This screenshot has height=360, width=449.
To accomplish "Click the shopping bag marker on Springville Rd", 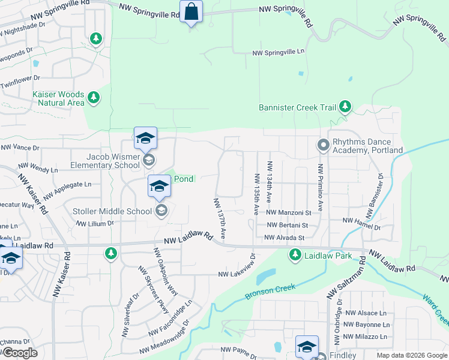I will click(x=191, y=12).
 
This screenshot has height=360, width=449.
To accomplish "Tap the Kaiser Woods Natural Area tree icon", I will click(x=93, y=97).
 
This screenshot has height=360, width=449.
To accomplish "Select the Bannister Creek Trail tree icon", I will click(x=345, y=107).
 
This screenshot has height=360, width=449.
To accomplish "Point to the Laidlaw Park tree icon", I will click(x=295, y=256).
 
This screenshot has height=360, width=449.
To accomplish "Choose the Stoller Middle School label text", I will click(x=112, y=211).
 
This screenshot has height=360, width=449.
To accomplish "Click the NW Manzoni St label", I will click(x=289, y=212).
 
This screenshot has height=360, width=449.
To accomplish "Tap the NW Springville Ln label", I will click(x=279, y=52).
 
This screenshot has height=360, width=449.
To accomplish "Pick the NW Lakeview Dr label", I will click(x=237, y=274).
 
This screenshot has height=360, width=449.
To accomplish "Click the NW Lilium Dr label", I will click(x=94, y=223).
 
